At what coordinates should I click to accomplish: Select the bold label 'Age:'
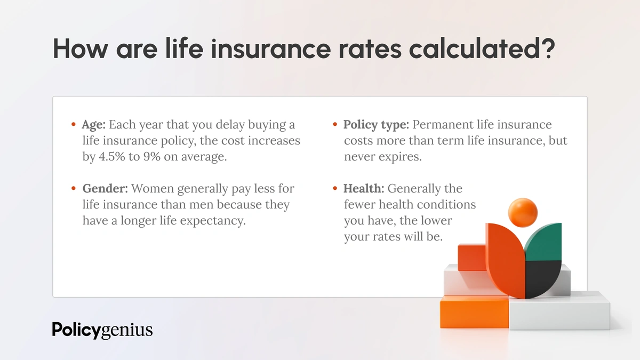tap(94, 125)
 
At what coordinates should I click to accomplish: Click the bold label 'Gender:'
tap(105, 189)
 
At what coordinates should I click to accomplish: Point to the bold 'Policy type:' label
tap(376, 125)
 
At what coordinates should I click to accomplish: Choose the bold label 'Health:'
tap(363, 189)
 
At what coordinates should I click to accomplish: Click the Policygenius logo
tap(102, 330)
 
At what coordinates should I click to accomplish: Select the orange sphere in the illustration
tap(522, 212)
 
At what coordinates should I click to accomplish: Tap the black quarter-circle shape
tap(543, 278)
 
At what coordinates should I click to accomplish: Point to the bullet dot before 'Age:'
tap(73, 125)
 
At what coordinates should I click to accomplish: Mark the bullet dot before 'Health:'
tap(334, 189)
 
